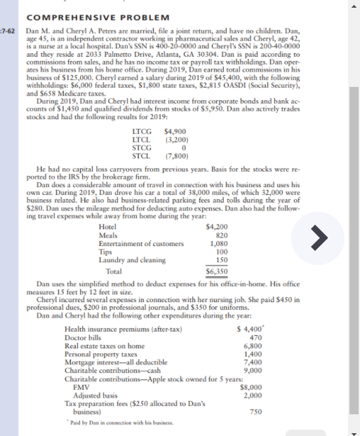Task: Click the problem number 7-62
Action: (8, 32)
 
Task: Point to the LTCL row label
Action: (142, 139)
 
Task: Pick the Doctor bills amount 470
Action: (255, 338)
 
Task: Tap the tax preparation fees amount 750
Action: (255, 411)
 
